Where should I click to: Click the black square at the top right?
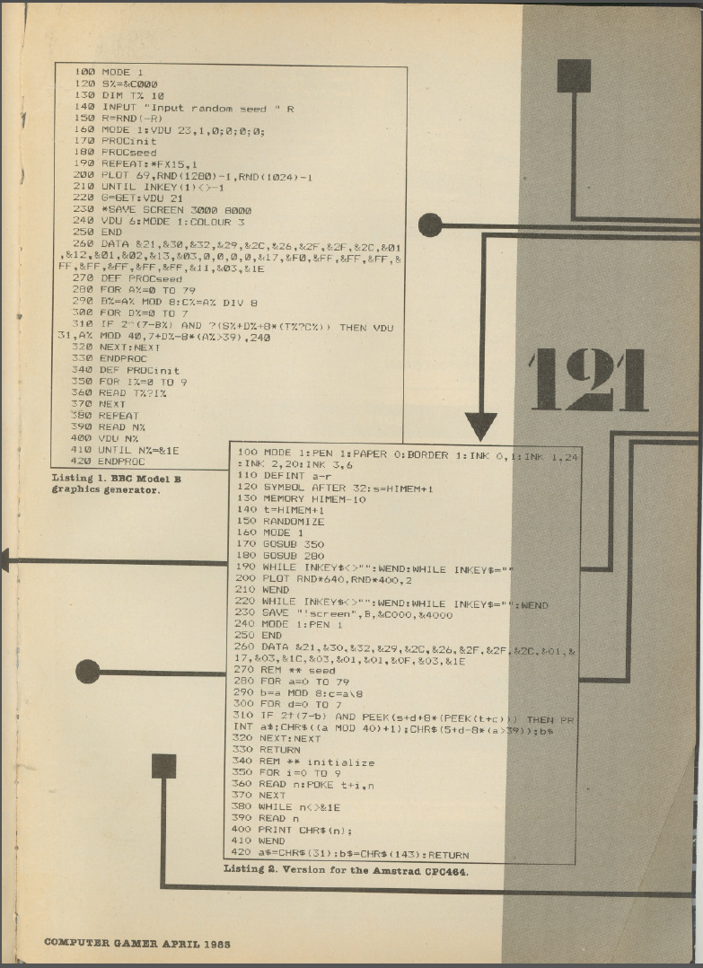click(574, 75)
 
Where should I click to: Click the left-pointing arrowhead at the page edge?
click(4, 561)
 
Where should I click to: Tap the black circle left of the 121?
click(430, 224)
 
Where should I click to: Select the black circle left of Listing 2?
click(87, 671)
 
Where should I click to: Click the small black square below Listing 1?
click(163, 765)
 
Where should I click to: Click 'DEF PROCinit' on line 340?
click(144, 370)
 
